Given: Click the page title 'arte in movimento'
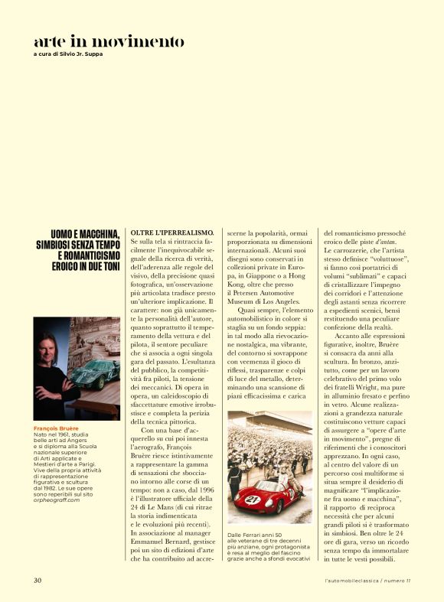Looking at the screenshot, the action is coord(109,41).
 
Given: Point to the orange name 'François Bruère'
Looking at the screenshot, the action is coord(55,428).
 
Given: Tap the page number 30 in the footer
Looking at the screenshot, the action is coord(38,580).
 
